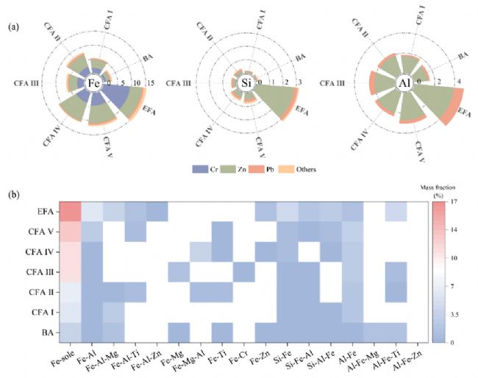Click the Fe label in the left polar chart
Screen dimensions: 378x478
pos(93,83)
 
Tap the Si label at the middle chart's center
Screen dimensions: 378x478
pos(246,83)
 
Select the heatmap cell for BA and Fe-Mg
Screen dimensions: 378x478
pos(179,332)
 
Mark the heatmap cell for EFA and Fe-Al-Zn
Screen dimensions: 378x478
pos(157,211)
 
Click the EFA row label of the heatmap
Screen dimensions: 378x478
pos(44,211)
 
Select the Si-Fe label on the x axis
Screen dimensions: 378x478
pos(282,353)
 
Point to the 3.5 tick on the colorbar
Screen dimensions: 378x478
pos(454,313)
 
